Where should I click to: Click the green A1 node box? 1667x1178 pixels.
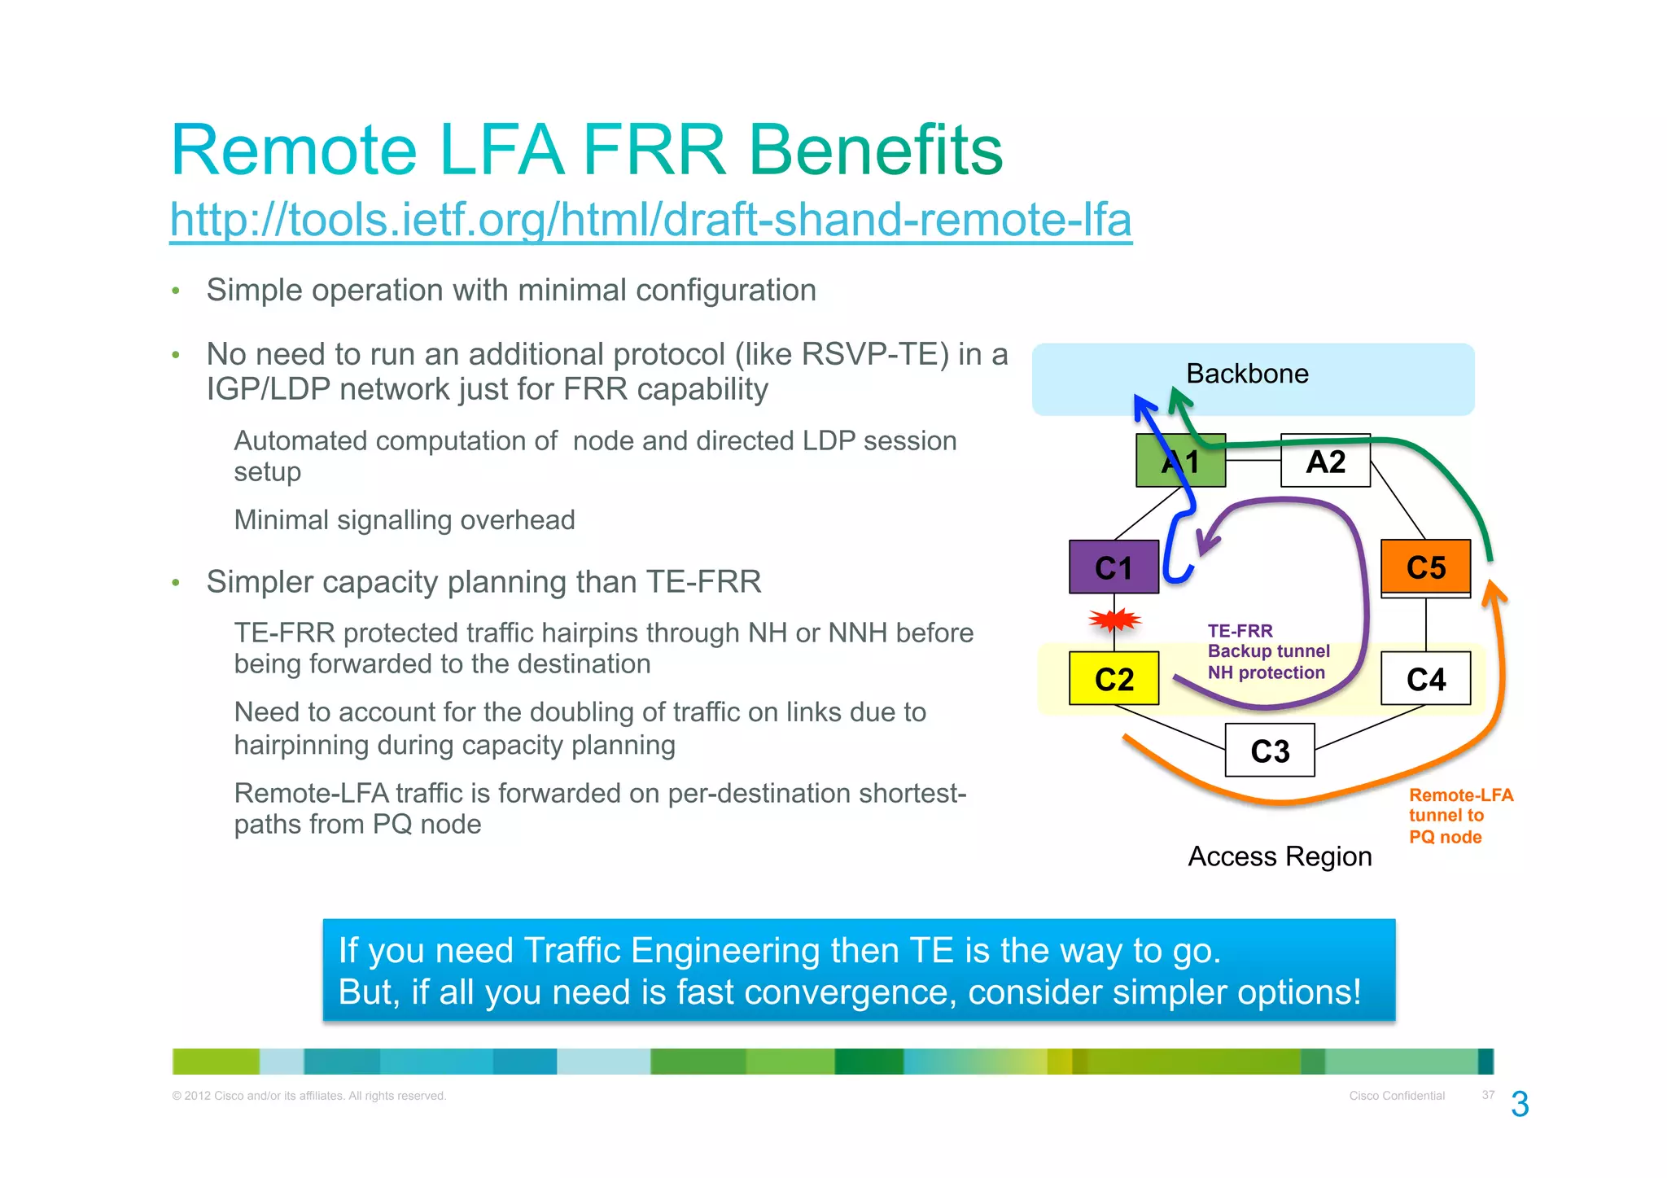1180,461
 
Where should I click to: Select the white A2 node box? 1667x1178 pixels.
1325,461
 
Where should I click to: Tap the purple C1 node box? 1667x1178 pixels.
1114,567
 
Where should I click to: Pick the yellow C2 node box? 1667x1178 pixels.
1114,678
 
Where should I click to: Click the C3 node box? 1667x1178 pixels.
1270,750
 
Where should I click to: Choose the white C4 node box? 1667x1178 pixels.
1425,678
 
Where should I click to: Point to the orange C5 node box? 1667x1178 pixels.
1425,567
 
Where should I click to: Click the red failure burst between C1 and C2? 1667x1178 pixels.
1114,621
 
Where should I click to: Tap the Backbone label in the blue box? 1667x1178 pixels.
1247,374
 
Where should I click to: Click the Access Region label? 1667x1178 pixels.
1280,856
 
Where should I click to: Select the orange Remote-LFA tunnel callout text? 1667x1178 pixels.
1460,816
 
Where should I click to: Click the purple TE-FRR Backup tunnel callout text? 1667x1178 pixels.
1268,651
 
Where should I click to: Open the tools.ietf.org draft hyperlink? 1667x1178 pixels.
650,220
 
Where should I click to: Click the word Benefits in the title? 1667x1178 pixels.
875,150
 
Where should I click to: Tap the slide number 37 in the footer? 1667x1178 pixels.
1488,1095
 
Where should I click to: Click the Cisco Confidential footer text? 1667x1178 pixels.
1397,1096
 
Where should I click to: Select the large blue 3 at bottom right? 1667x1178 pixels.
1520,1105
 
